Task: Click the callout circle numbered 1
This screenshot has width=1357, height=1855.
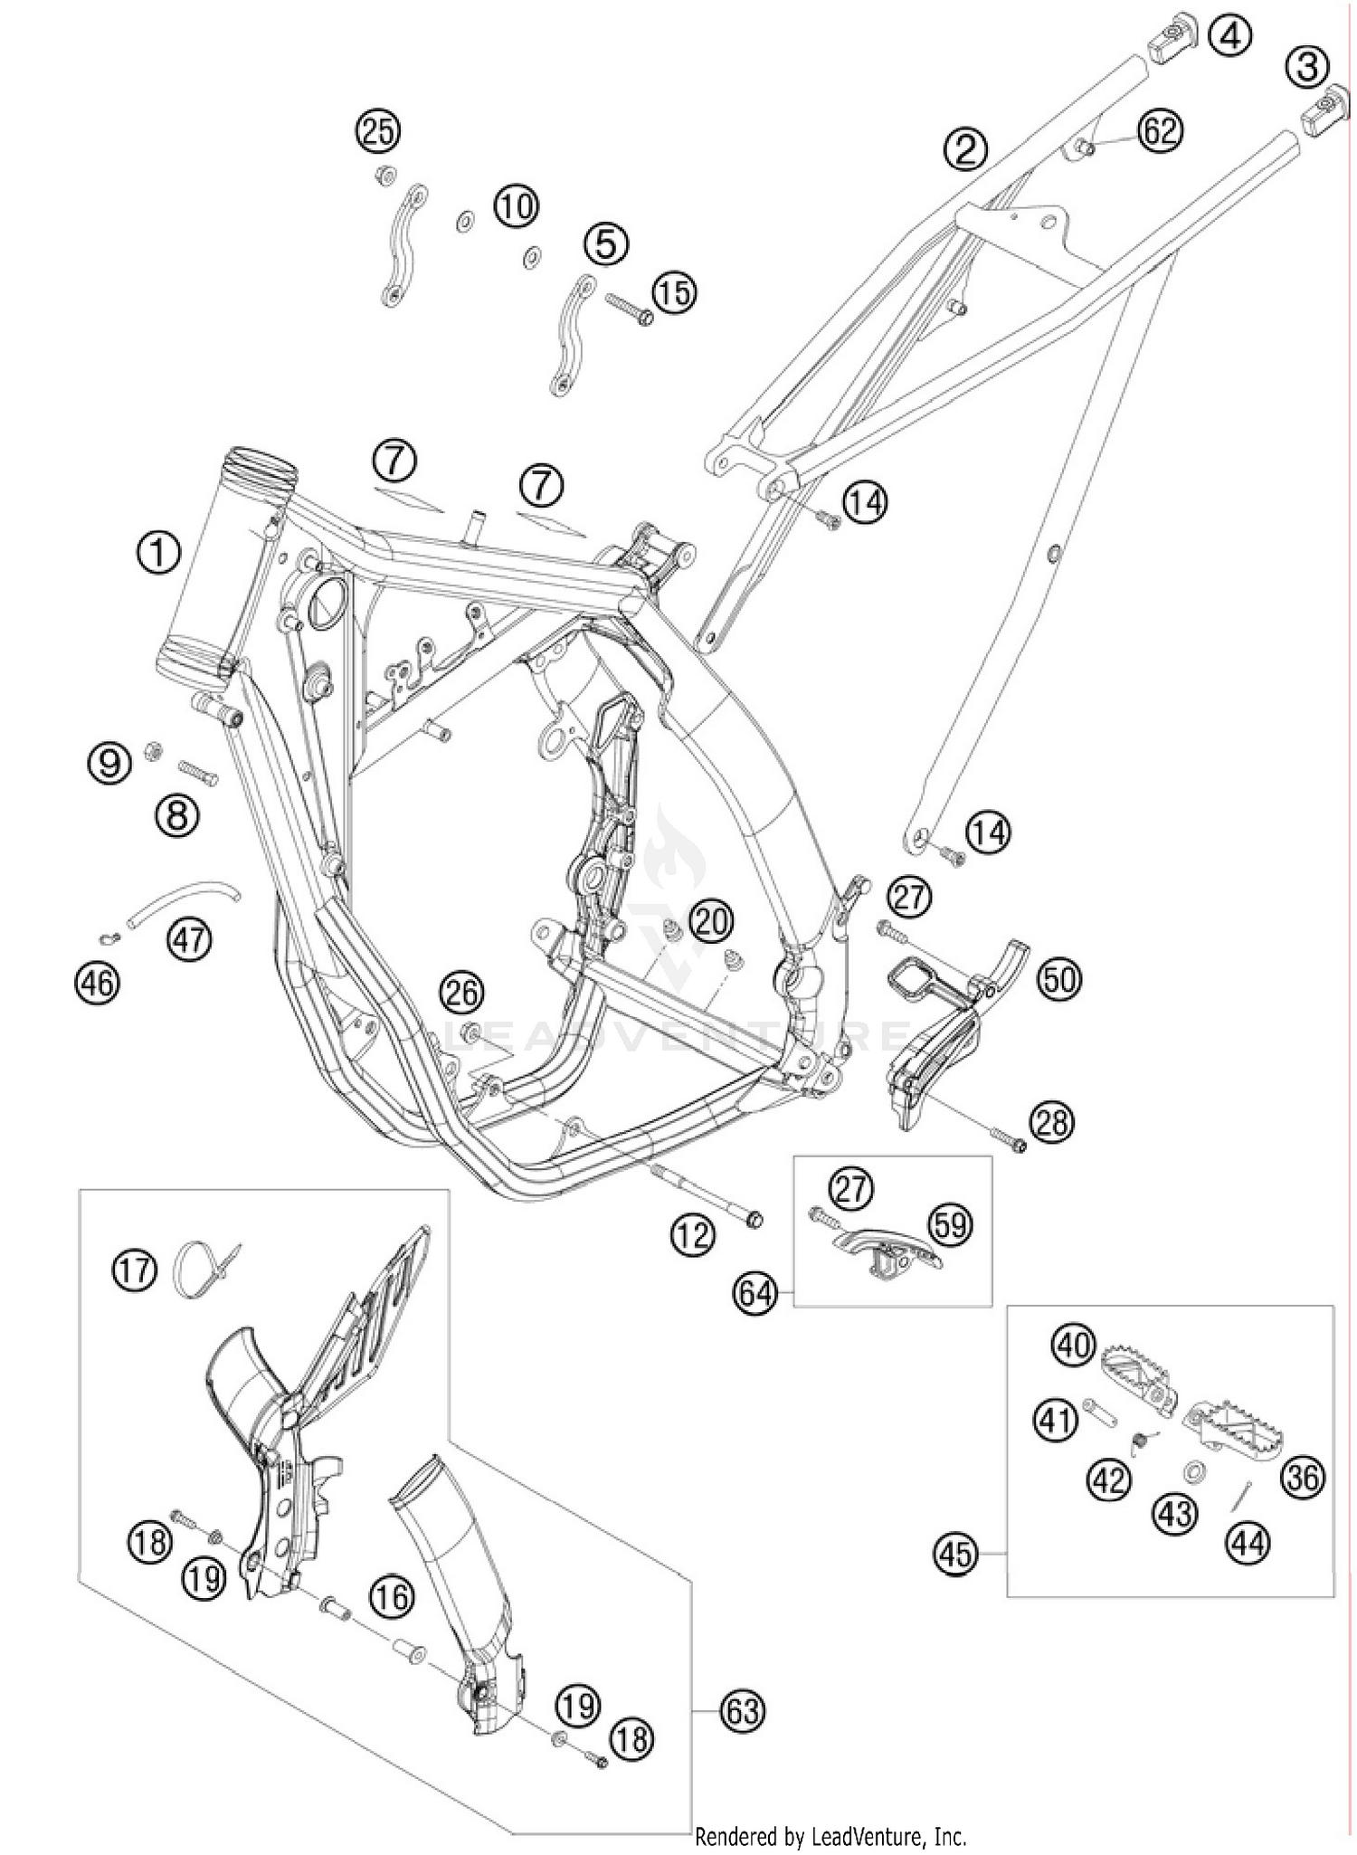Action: click(158, 552)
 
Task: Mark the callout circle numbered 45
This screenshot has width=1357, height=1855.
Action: click(956, 1555)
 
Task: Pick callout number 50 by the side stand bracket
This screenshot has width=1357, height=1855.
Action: click(1059, 979)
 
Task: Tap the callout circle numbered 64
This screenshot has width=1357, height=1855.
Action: click(755, 1293)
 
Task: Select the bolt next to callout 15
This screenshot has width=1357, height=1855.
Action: click(628, 309)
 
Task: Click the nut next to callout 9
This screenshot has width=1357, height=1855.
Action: click(154, 749)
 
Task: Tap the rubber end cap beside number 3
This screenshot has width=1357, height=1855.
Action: click(1324, 108)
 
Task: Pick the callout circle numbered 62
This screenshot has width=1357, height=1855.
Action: click(1160, 131)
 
